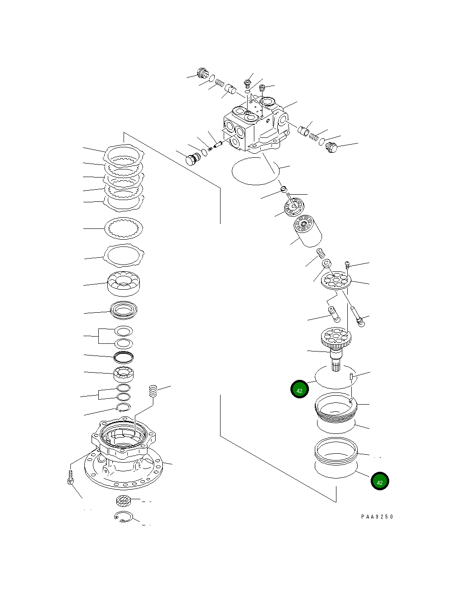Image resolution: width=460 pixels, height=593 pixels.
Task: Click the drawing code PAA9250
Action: tap(377, 517)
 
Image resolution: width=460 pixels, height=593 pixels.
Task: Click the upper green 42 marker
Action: tap(299, 390)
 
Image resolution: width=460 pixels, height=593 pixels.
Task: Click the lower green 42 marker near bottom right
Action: tap(380, 482)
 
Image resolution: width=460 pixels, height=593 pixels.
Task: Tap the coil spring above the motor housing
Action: tap(154, 391)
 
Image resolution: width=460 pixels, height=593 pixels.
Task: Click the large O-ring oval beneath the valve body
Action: tap(253, 171)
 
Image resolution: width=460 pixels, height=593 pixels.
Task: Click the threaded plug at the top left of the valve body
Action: tap(202, 73)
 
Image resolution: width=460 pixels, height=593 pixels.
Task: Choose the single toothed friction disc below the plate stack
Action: tap(124, 228)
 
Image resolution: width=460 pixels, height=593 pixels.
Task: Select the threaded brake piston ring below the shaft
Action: tap(336, 407)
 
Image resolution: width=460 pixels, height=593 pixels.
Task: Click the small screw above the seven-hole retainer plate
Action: tap(347, 265)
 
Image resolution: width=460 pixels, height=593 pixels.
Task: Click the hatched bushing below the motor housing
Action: tap(123, 500)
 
